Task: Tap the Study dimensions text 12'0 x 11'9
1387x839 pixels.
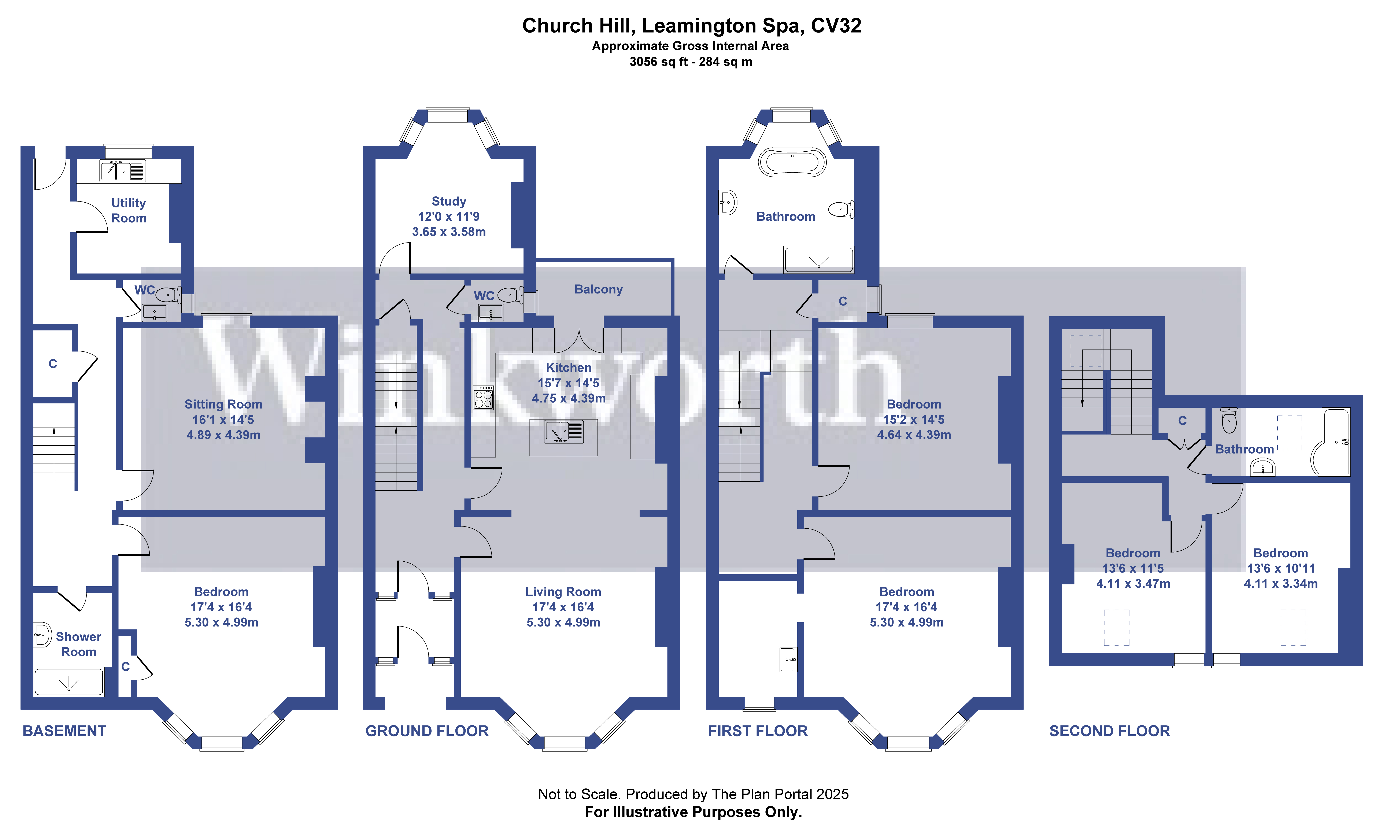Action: (449, 216)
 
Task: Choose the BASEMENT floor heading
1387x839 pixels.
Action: (64, 731)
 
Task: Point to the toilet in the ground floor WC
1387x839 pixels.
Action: (509, 294)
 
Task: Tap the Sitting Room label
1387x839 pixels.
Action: (223, 404)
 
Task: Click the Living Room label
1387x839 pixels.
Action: (563, 592)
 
